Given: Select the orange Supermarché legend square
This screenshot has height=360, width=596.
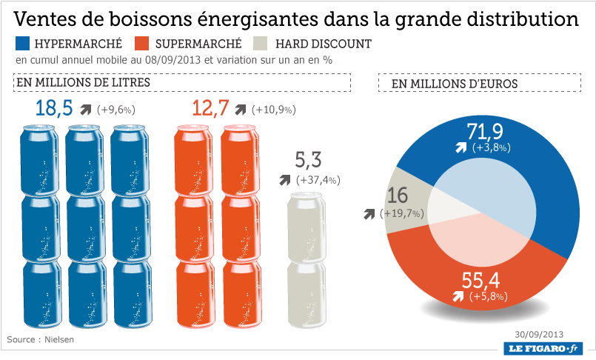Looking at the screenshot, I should [144, 44].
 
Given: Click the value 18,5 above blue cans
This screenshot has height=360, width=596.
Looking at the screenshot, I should [54, 109].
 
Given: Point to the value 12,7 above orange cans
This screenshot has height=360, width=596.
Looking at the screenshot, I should [210, 109].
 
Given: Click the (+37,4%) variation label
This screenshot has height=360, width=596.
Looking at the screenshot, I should [318, 180].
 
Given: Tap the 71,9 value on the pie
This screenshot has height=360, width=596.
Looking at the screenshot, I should [485, 132].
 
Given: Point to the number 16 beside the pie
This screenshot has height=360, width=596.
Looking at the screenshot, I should [398, 196].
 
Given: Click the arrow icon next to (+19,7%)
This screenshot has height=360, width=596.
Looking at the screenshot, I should [369, 214].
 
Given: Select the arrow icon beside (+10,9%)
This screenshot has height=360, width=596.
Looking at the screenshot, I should [240, 110].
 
